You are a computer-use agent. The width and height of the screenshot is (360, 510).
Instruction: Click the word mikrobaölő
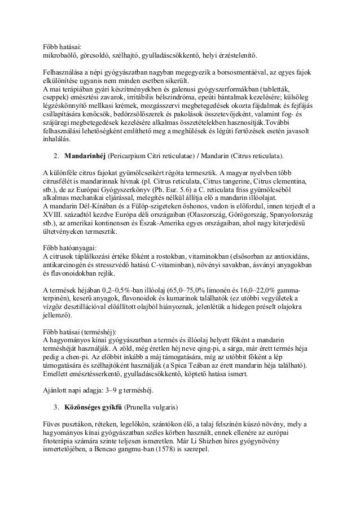coord(63,55)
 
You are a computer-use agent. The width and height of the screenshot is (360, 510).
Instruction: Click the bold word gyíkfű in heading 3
coord(111,407)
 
